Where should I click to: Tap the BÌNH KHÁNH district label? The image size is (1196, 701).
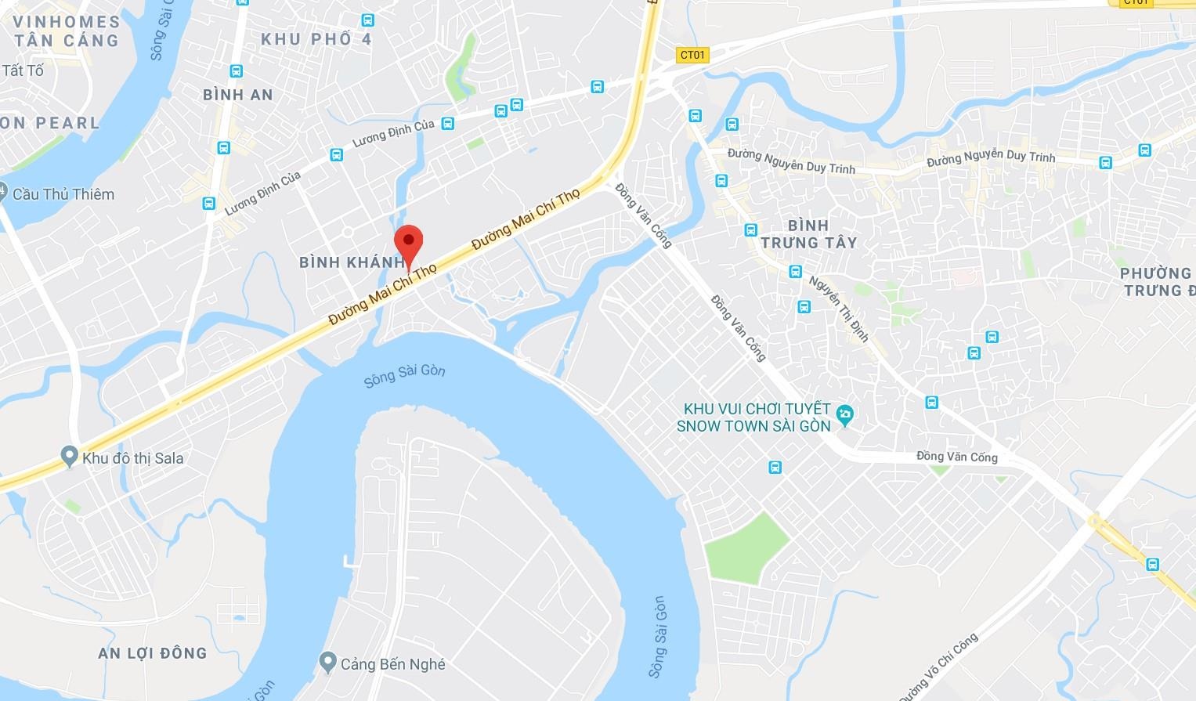[x=350, y=262]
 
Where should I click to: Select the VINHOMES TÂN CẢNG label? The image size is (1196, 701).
[x=67, y=31]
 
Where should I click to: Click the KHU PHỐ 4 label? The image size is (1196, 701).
[x=316, y=39]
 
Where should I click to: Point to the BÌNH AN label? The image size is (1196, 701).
[x=237, y=95]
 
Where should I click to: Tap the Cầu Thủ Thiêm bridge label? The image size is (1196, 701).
[x=63, y=194]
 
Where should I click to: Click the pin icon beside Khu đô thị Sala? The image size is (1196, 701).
[x=69, y=456]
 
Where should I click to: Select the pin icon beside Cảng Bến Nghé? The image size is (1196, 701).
[x=328, y=663]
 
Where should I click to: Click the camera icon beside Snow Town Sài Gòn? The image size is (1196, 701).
[x=844, y=415]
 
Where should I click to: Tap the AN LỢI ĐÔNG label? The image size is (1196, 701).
[x=153, y=653]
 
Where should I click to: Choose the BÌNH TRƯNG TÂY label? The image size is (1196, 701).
[x=808, y=234]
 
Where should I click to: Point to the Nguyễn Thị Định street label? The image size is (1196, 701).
[x=839, y=309]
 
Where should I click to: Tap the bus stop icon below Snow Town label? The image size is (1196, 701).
[x=775, y=468]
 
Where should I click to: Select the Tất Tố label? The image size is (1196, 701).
[x=23, y=70]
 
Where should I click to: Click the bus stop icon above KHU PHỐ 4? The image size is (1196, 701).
[x=368, y=20]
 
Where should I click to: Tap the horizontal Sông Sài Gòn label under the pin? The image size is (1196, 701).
[x=404, y=375]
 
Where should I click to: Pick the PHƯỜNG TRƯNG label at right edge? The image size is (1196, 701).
[x=1157, y=282]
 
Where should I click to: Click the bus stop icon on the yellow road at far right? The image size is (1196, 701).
[x=1152, y=564]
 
